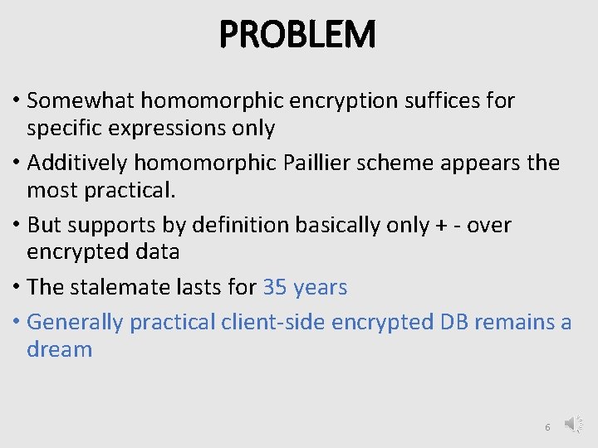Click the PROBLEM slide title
pyautogui.click(x=298, y=35)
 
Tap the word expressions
pyautogui.click(x=163, y=129)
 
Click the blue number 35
pyautogui.click(x=274, y=287)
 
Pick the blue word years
pyautogui.click(x=320, y=288)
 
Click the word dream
pyautogui.click(x=59, y=349)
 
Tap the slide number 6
pyautogui.click(x=547, y=426)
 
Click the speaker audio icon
pyautogui.click(x=574, y=425)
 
